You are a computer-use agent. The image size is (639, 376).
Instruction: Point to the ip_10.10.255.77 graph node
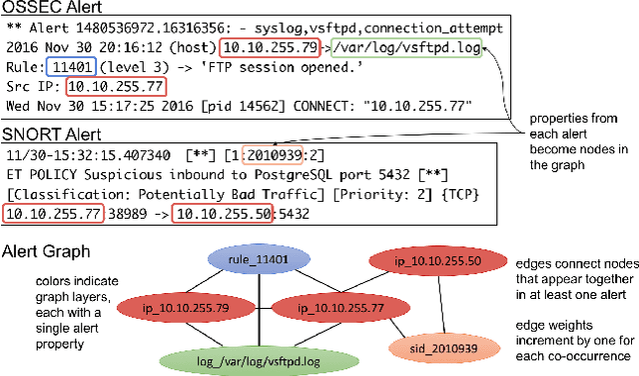327,305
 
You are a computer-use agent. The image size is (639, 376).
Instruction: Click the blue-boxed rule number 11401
67,67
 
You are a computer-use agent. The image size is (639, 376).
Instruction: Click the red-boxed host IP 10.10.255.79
270,46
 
